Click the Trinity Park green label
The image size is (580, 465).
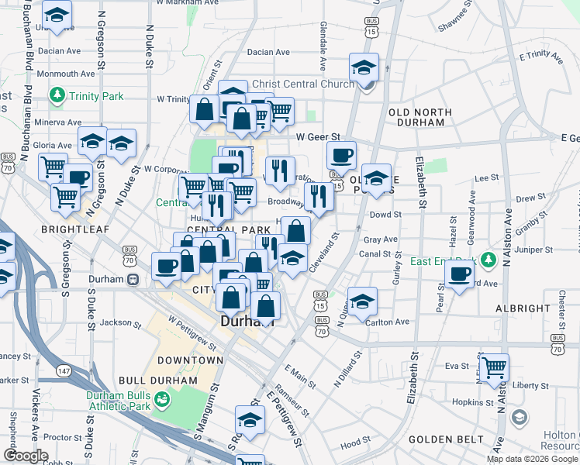point(96,96)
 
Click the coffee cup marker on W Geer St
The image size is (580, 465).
point(341,155)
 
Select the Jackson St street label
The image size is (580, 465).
point(116,322)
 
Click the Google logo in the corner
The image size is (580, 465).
point(26,456)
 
